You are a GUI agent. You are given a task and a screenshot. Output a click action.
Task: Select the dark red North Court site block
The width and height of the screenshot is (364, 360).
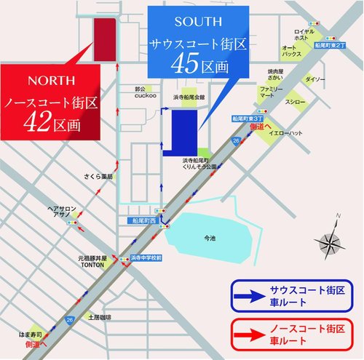tap(105, 40)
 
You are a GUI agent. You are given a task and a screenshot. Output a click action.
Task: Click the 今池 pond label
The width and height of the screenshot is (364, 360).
tap(209, 238)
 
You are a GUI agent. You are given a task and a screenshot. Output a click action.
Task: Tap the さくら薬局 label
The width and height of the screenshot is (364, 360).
tap(95, 177)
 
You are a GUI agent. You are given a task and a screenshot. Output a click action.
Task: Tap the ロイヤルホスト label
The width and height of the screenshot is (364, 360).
tap(304, 36)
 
